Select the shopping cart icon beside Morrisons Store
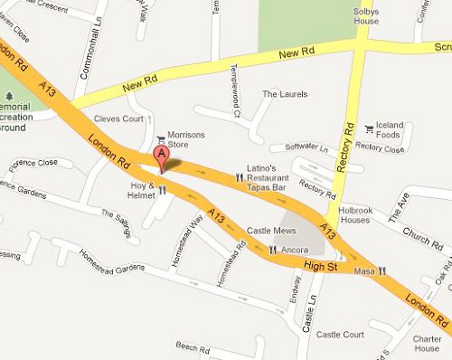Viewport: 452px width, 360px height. tap(161, 140)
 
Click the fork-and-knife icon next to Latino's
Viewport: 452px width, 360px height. tap(240, 178)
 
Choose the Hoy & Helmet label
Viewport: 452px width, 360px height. tap(143, 190)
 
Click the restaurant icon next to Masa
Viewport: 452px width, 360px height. tap(383, 270)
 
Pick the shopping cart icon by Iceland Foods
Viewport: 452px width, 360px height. tap(367, 129)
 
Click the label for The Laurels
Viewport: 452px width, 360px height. tap(280, 93)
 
